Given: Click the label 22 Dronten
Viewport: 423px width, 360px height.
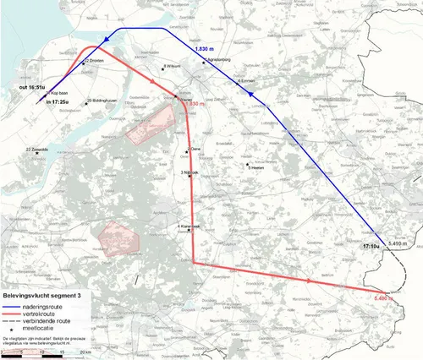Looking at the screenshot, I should pos(94,61).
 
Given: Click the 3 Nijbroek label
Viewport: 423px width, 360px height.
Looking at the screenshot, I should pos(190,172).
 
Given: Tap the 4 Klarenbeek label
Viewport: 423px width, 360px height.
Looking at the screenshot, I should pos(190,226).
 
